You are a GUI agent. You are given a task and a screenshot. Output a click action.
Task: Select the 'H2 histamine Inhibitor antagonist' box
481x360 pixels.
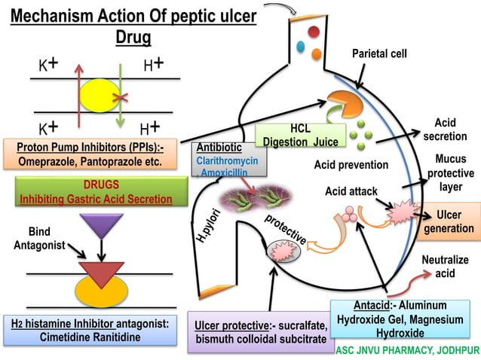coord(90,330)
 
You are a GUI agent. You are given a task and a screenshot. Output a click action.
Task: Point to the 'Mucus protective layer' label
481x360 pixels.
coord(450,173)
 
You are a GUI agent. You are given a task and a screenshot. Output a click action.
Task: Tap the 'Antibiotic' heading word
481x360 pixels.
coord(218,148)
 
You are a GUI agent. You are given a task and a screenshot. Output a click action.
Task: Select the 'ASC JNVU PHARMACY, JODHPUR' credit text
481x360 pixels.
coord(406,350)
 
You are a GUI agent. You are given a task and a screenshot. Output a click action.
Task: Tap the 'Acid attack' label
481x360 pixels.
coord(351,192)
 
